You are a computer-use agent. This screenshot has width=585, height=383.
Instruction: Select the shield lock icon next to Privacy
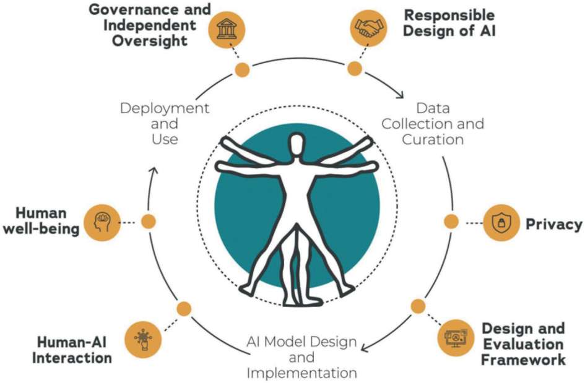pyautogui.click(x=501, y=222)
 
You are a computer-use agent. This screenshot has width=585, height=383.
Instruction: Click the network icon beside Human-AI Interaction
pyautogui.click(x=144, y=339)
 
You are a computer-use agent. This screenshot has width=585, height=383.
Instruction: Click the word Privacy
pyautogui.click(x=554, y=224)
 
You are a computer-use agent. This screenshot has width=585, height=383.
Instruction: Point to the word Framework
pyautogui.click(x=524, y=359)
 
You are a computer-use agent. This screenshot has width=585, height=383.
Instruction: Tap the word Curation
pyautogui.click(x=433, y=139)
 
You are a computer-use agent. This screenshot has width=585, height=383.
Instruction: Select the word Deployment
pyautogui.click(x=165, y=108)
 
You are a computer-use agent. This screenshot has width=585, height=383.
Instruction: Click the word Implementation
pyautogui.click(x=301, y=373)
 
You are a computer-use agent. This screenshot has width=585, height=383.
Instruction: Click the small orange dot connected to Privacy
pyautogui.click(x=451, y=221)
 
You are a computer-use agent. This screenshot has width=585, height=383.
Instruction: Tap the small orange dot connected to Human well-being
pyautogui.click(x=148, y=220)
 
